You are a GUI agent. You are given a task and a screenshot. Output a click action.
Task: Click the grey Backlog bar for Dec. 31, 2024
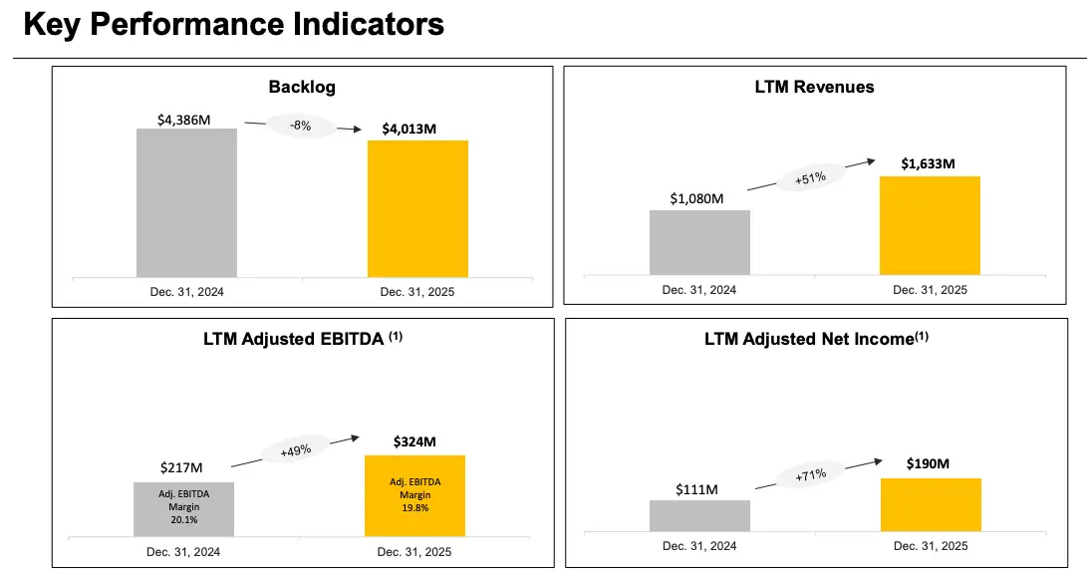click(x=186, y=202)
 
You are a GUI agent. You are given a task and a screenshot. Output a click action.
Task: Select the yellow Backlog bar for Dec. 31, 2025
click(x=417, y=208)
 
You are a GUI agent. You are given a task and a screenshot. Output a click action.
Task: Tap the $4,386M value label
click(x=183, y=119)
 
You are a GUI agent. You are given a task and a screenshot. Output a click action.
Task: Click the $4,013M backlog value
click(x=408, y=130)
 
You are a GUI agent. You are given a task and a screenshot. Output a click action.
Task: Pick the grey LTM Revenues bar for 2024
click(x=699, y=242)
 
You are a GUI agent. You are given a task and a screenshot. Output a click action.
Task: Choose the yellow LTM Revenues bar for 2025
click(x=930, y=225)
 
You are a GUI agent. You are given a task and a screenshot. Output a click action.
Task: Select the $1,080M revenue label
click(x=697, y=198)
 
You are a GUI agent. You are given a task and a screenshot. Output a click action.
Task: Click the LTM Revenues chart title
click(x=814, y=87)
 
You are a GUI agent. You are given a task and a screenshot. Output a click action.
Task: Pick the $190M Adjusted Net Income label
click(x=928, y=464)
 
